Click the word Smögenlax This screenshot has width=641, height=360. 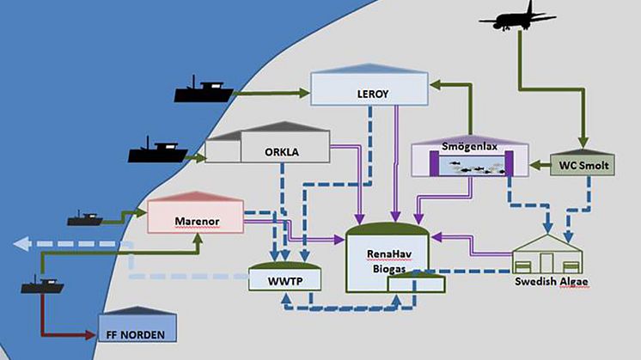(462, 146)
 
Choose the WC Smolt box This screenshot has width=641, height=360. (583, 162)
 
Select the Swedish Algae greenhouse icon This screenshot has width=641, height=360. (547, 253)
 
